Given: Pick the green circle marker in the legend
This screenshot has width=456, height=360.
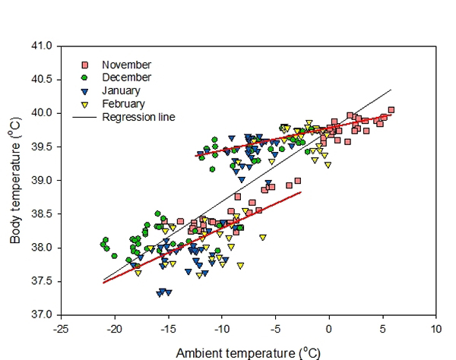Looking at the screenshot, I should tap(86, 77).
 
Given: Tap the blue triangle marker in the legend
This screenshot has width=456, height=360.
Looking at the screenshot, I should tap(86, 91).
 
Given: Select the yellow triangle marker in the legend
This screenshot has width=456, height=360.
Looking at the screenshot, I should tap(86, 104).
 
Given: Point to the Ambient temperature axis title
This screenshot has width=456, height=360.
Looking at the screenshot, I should tap(244, 352).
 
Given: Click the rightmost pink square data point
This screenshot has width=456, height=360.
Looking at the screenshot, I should tap(391, 110).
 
